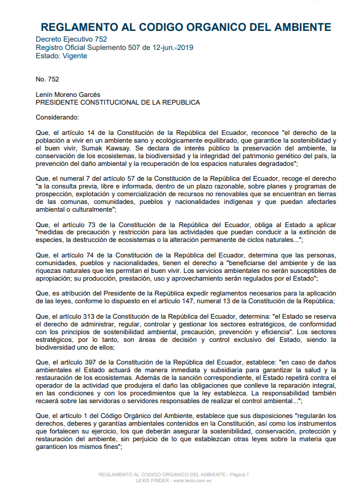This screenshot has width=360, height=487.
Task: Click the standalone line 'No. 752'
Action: [48, 78]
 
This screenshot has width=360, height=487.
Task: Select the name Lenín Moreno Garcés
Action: [68, 94]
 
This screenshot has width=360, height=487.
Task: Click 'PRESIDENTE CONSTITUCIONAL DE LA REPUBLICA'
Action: [118, 102]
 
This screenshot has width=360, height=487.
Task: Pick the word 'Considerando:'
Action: [57, 117]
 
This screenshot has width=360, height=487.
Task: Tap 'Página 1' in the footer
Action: [238, 474]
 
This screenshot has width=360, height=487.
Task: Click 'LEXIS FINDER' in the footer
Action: [152, 479]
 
